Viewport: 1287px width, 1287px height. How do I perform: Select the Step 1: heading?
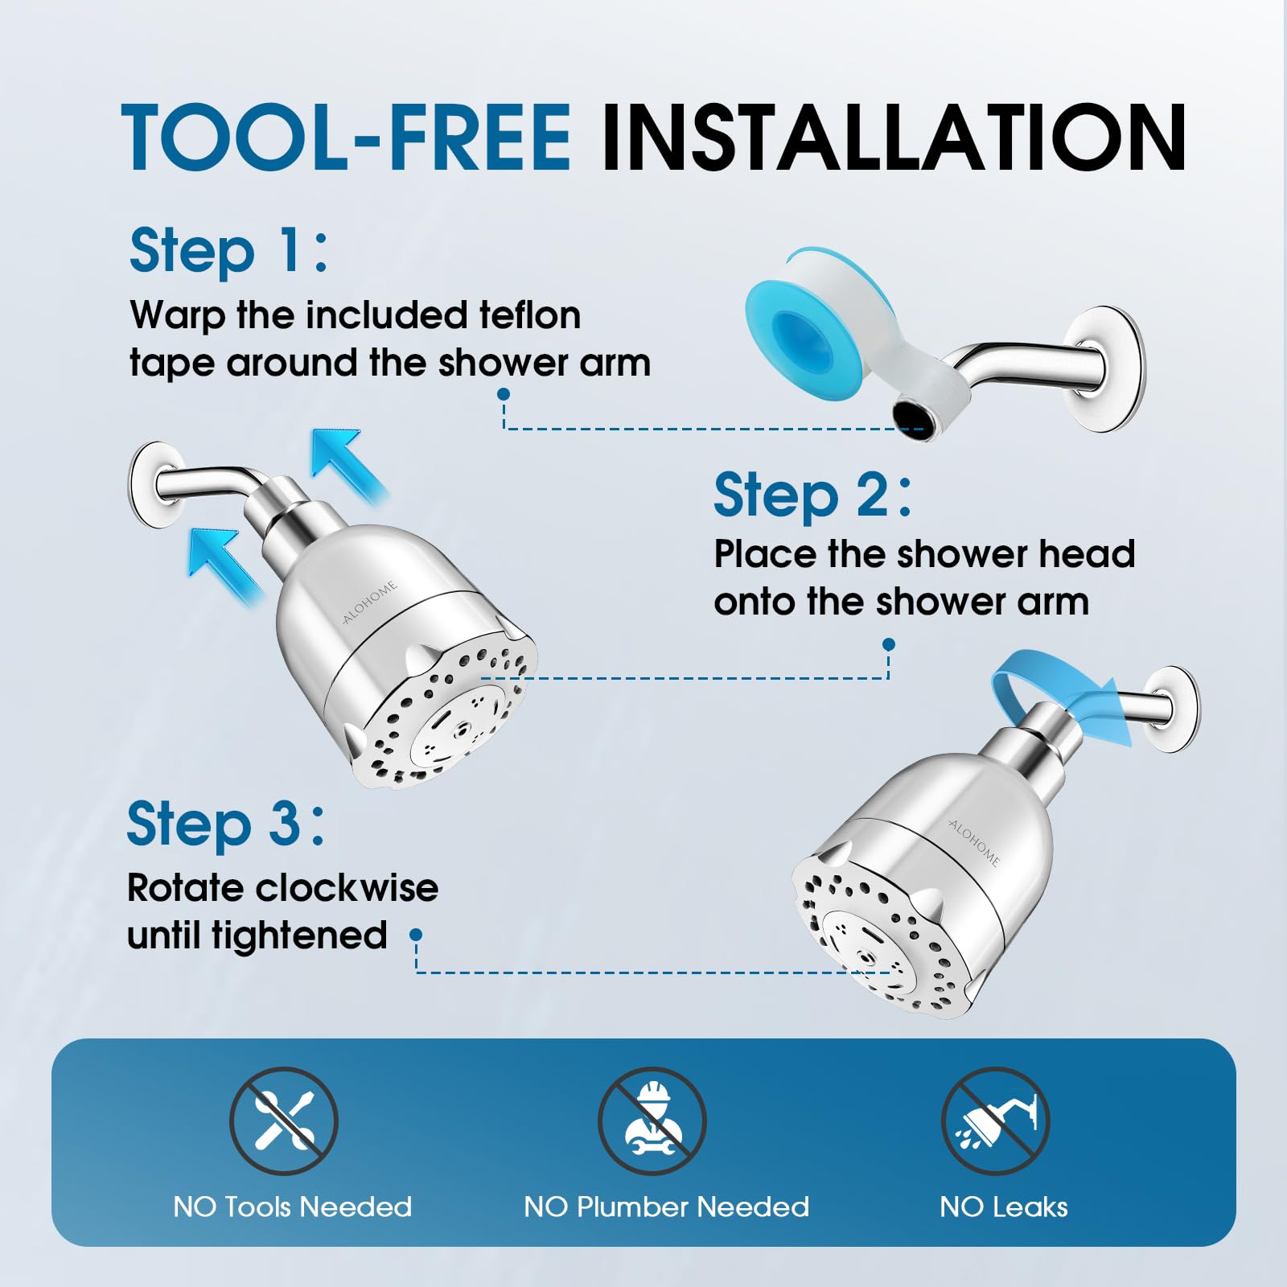tap(229, 252)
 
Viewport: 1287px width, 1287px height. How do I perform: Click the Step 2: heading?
tap(813, 495)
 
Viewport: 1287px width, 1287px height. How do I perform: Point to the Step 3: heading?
tap(226, 824)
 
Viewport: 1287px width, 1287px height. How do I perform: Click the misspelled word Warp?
tap(177, 316)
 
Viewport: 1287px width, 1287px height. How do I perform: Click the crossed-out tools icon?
tap(284, 1120)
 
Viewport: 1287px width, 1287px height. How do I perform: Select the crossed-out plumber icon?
tap(652, 1120)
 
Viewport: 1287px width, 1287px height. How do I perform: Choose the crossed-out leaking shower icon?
tap(996, 1120)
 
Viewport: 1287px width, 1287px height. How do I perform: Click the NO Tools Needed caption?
tap(293, 1207)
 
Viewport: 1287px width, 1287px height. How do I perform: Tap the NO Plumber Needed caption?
tap(667, 1207)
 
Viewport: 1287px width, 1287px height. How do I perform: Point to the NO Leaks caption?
tap(1004, 1207)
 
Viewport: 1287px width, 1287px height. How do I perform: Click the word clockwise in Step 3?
tap(348, 888)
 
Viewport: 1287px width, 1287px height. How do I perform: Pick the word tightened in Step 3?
tap(299, 935)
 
